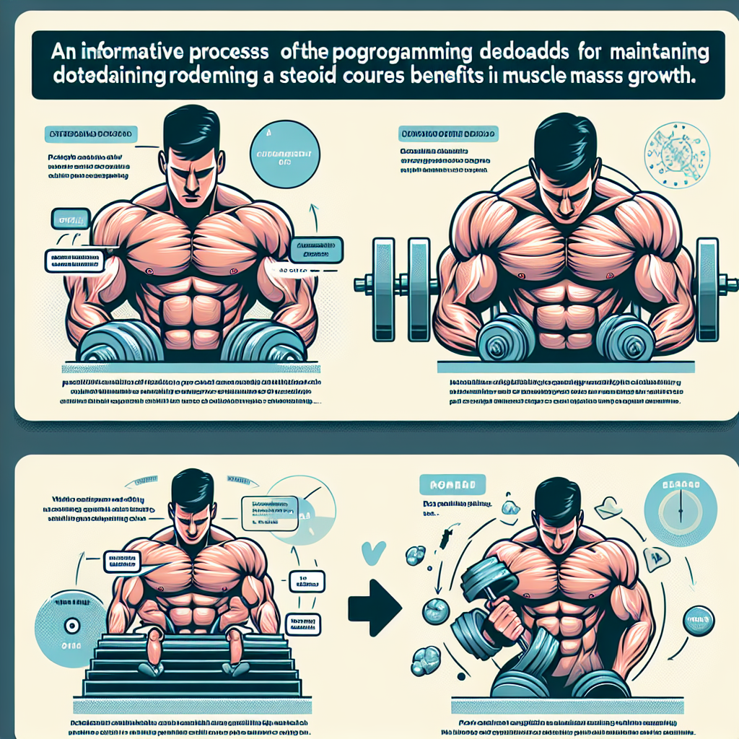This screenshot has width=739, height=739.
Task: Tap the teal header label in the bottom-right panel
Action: coord(455,484)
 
